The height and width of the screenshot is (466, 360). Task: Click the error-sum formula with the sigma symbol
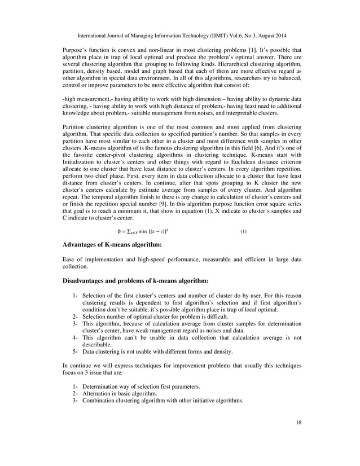pos(135,231)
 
